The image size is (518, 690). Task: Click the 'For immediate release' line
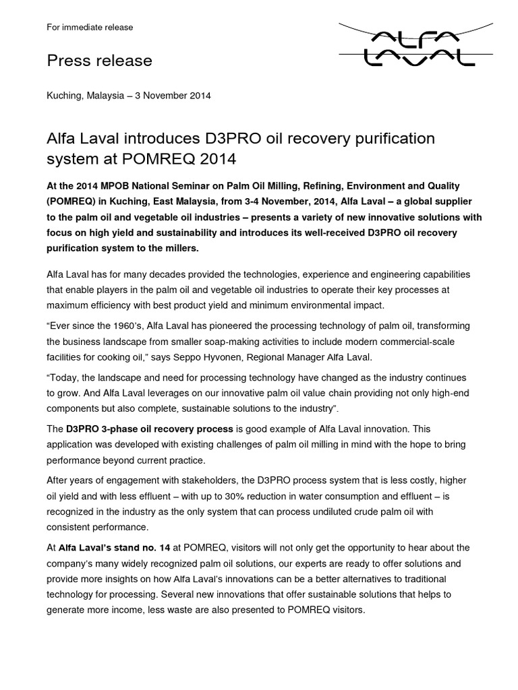tap(90, 28)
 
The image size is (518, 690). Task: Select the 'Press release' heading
tap(99, 61)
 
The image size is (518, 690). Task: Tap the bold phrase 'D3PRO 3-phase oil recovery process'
tap(149, 429)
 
